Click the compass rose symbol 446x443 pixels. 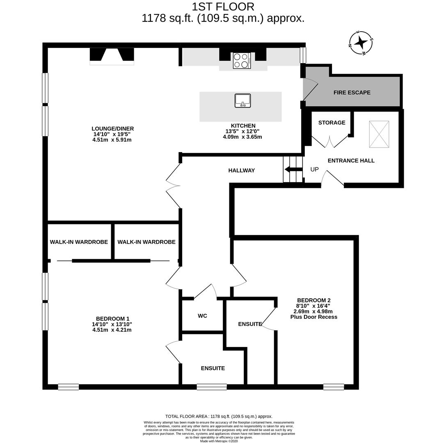coord(361,42)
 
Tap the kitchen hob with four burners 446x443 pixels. coord(242,60)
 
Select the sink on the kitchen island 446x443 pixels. coord(242,100)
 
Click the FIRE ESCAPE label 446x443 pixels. coord(352,93)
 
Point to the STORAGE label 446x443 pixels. coord(332,123)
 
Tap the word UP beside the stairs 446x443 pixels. coord(314,169)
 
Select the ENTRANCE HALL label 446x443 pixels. coord(351,161)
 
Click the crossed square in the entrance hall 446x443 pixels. coord(379,134)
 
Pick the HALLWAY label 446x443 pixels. coord(242,170)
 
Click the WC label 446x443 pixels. coord(202,316)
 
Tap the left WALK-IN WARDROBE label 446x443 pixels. coord(79,242)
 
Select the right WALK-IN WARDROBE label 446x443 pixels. coord(146,242)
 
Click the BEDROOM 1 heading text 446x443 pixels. coord(112,319)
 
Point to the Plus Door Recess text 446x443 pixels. coord(313,317)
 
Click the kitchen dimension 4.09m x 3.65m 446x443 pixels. coord(242,137)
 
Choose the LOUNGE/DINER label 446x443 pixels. coord(112,129)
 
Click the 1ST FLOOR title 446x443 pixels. coord(223,7)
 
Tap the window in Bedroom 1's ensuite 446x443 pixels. coord(212,387)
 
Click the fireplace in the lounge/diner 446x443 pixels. coord(112,56)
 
